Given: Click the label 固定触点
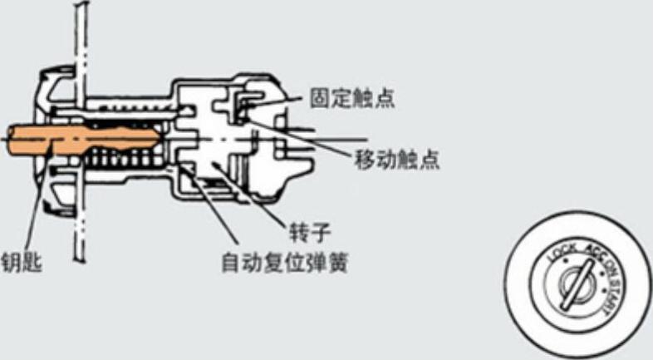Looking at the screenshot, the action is pos(351,99).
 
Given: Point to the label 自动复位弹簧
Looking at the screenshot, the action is pos(283,265).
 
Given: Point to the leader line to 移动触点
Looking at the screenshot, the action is pos(307,141).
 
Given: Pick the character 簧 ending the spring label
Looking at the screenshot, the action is pos(336,265).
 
